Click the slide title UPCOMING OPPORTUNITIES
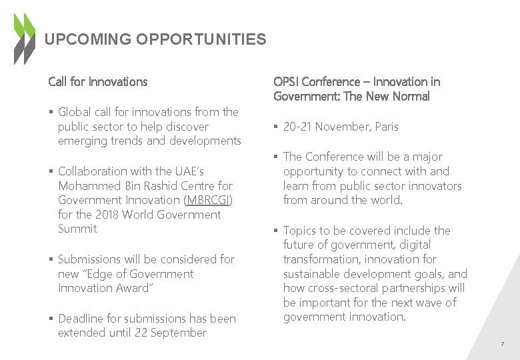coord(155,39)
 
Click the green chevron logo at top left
coord(25,39)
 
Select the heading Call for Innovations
coord(97,82)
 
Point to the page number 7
coord(502,344)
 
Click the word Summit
coord(77,229)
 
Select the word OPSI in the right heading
coord(286,82)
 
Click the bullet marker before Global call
coord(51,112)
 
